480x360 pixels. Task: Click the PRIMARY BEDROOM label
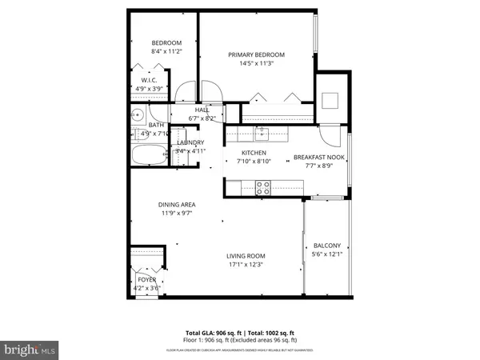[256, 55]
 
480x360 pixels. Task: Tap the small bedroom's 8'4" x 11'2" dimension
[167, 51]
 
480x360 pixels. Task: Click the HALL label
[202, 110]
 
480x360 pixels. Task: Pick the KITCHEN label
[254, 152]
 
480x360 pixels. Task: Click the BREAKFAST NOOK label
[318, 158]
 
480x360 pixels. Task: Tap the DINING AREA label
[177, 205]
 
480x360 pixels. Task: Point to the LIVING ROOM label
[245, 255]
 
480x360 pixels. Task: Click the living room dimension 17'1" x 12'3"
[245, 264]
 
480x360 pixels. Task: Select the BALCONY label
[326, 246]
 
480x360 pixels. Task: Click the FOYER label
[146, 279]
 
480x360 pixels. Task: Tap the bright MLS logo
[30, 349]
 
